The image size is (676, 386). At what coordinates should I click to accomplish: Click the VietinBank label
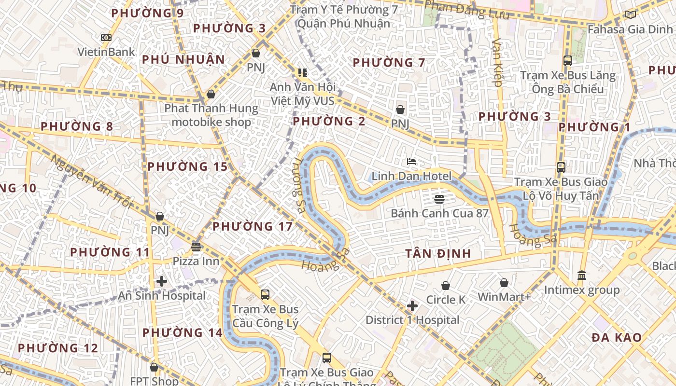tap(106, 51)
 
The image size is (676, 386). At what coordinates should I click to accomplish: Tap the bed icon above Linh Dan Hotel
tap(411, 162)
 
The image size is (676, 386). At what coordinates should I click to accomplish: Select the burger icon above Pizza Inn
tap(196, 247)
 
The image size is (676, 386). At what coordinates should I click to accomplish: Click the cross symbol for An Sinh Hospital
tap(162, 281)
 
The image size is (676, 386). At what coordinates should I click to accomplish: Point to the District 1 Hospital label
tap(412, 320)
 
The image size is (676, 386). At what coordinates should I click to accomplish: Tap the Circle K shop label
tap(446, 300)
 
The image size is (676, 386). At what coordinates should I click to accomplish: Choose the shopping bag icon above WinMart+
tap(504, 283)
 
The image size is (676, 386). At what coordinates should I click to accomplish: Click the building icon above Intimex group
tap(582, 275)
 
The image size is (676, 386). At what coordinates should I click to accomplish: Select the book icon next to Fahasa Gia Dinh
tap(631, 14)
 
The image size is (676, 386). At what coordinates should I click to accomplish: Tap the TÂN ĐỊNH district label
tap(437, 253)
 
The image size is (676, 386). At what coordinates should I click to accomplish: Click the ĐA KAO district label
tap(617, 338)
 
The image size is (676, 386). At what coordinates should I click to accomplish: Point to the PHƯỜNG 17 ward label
tap(253, 226)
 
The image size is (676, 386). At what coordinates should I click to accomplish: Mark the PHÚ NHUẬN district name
tap(183, 60)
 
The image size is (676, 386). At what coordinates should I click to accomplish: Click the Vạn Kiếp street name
tap(497, 63)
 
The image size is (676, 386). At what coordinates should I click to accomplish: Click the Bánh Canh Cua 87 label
tap(439, 213)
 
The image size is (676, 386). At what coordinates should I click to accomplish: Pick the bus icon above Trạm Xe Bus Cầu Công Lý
tap(265, 294)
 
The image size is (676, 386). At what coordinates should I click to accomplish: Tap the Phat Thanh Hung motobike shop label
tap(211, 115)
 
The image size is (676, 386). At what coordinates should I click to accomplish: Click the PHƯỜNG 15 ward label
tap(187, 167)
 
